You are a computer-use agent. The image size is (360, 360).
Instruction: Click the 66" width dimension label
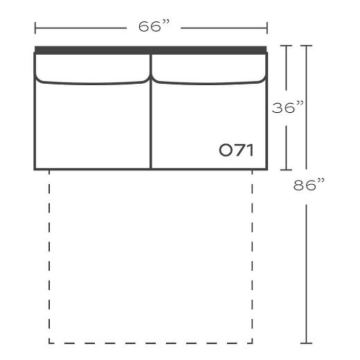tap(154, 26)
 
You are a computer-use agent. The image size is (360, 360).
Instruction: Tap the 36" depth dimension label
tap(287, 107)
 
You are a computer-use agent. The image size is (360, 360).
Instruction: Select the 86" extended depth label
tap(309, 184)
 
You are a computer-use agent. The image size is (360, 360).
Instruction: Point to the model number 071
tap(236, 150)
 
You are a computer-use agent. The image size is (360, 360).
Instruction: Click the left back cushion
tap(92, 69)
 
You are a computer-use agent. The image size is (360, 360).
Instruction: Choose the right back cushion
tap(209, 69)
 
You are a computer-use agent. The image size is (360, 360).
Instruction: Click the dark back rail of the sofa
tap(151, 50)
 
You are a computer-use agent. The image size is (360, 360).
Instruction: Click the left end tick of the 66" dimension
tap(35, 28)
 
